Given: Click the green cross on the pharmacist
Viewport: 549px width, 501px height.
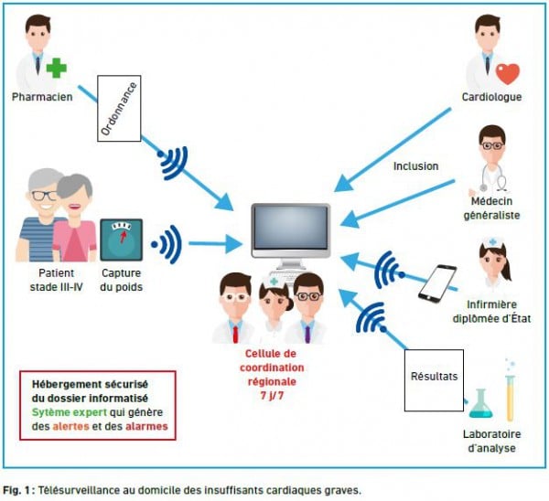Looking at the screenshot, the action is pos(57,68).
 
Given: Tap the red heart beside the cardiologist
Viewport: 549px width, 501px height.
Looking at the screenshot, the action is pos(507,73).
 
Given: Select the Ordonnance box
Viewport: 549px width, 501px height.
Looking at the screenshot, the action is pos(119,109).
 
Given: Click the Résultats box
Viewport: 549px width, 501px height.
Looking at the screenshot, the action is pos(434,380).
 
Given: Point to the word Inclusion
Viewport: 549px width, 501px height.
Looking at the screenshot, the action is pos(415,166).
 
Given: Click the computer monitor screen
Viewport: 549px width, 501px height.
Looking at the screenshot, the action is pos(291,227).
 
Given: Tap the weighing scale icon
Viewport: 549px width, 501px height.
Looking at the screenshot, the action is pos(121,240).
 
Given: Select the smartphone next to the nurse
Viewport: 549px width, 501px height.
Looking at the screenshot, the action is pos(437,283).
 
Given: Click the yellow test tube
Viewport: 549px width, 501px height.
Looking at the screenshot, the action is pos(511,398).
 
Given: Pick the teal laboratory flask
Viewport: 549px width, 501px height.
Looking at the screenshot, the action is pos(480,404).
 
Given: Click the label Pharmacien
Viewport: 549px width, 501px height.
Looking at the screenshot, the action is pos(42,97).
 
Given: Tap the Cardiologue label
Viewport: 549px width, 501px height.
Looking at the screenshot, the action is pos(491,97).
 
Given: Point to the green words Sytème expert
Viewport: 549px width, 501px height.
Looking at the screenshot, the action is pos(69,412).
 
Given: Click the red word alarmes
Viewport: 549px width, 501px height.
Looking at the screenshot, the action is pos(146,426).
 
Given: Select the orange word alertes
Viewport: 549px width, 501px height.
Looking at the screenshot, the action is pos(70,426).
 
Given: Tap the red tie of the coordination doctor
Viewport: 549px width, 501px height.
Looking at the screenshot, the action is pos(235,334).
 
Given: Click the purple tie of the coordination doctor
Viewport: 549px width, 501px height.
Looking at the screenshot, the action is pos(307,334).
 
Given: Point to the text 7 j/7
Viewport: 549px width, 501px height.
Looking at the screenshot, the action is pos(272,396).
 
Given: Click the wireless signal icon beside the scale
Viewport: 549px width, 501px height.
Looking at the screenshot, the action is pos(167,244).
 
